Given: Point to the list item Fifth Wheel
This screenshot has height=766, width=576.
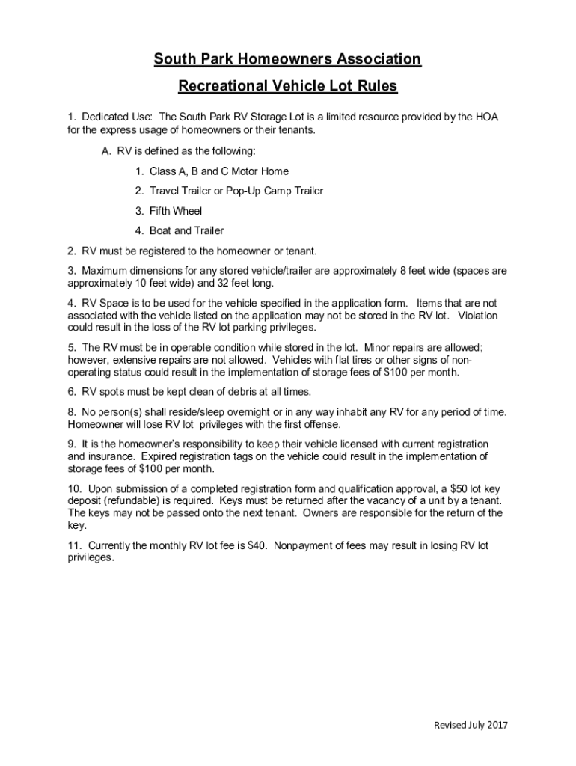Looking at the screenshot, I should (x=176, y=211).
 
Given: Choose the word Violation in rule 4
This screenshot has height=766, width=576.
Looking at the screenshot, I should (x=477, y=316).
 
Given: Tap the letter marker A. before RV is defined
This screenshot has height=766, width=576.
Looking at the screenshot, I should (x=106, y=151).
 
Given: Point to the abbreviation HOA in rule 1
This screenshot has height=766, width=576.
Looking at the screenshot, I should (x=487, y=117).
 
